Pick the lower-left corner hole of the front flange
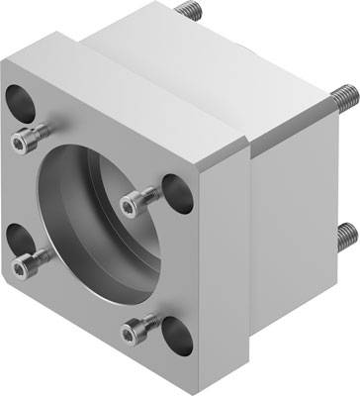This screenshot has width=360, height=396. click(x=18, y=237)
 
